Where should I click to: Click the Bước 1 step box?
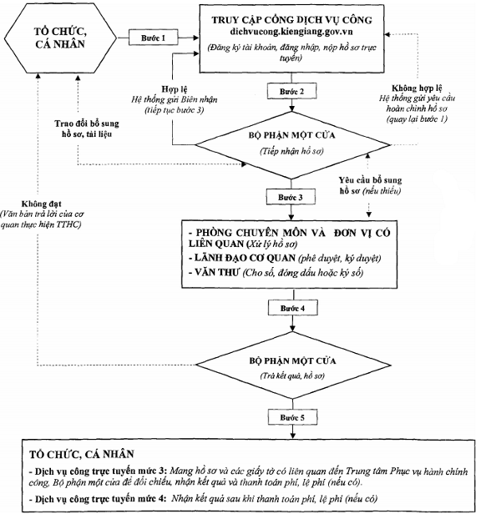(x=153, y=38)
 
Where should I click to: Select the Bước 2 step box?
(x=291, y=92)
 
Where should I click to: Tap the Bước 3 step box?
(x=291, y=197)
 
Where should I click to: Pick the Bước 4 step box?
(x=292, y=308)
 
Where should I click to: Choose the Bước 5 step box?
(x=292, y=417)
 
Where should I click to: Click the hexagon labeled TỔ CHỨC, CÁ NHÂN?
(x=60, y=38)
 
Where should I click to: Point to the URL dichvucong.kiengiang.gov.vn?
(x=291, y=32)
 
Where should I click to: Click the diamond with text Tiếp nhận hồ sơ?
(x=292, y=145)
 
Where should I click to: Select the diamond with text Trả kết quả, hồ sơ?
(x=293, y=365)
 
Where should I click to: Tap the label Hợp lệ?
(x=175, y=88)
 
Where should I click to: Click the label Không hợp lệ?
(x=417, y=88)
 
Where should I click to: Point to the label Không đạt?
(x=42, y=204)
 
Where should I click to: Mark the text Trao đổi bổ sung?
(x=87, y=123)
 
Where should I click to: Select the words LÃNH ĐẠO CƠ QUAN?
(x=246, y=258)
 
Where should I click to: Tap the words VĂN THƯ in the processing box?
(x=216, y=272)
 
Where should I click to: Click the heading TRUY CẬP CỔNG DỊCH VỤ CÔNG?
(x=291, y=20)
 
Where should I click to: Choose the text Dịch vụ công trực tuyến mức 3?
(x=101, y=471)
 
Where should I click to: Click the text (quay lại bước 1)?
(x=417, y=118)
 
